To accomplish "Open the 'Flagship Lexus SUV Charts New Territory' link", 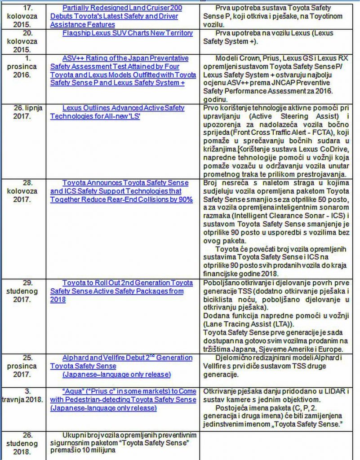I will point(128,33).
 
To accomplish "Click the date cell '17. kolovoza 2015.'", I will point(26,16).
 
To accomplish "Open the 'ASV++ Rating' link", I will point(123,71).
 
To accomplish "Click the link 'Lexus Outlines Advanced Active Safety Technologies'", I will point(117,112).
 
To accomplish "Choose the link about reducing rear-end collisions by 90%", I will point(121,191).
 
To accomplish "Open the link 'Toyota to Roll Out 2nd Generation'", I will point(121,287).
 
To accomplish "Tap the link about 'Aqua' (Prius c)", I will point(123,400).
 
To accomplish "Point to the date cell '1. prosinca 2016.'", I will point(25,66).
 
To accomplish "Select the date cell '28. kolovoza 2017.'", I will point(25,191).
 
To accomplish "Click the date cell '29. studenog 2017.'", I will point(25,291).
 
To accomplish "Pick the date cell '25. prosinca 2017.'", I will point(25,366).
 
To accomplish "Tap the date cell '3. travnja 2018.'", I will point(25,395).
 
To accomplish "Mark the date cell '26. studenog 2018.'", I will point(25,443).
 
